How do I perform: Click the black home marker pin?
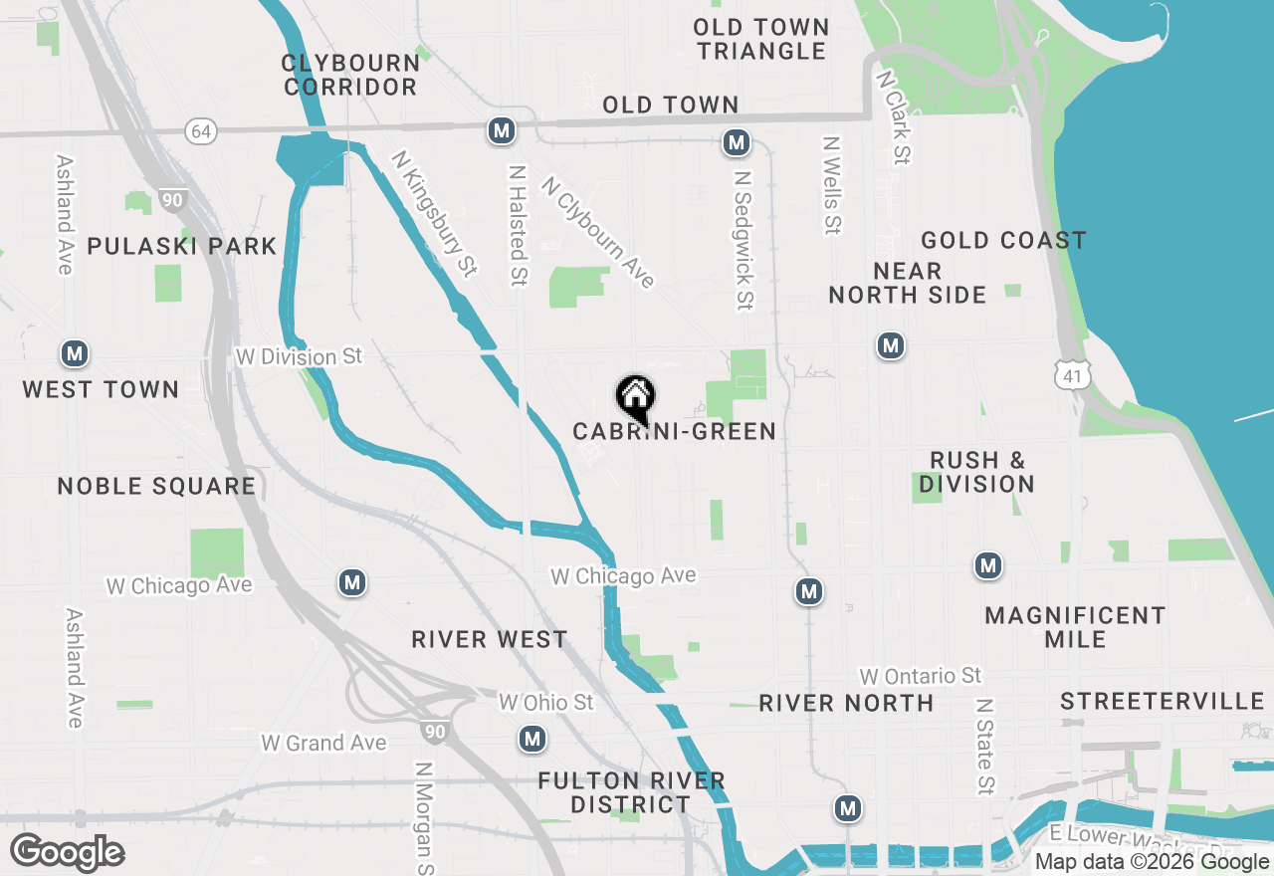(x=635, y=398)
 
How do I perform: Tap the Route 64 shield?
(x=201, y=131)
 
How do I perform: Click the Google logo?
(x=68, y=852)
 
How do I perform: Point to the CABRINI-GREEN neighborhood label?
(x=674, y=431)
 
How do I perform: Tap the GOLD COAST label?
(x=1002, y=240)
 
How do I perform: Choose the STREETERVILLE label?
(x=1162, y=702)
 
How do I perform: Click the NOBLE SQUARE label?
(x=156, y=486)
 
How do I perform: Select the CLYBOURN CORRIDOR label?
(x=349, y=75)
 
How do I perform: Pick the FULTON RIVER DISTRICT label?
(x=631, y=792)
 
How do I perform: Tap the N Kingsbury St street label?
(x=434, y=213)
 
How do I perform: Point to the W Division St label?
(x=299, y=355)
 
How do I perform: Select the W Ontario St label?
(x=921, y=677)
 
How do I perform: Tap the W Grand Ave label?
(x=322, y=743)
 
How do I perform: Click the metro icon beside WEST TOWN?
(x=74, y=353)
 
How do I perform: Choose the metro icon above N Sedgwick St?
(x=737, y=143)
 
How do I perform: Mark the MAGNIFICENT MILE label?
(x=1075, y=627)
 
